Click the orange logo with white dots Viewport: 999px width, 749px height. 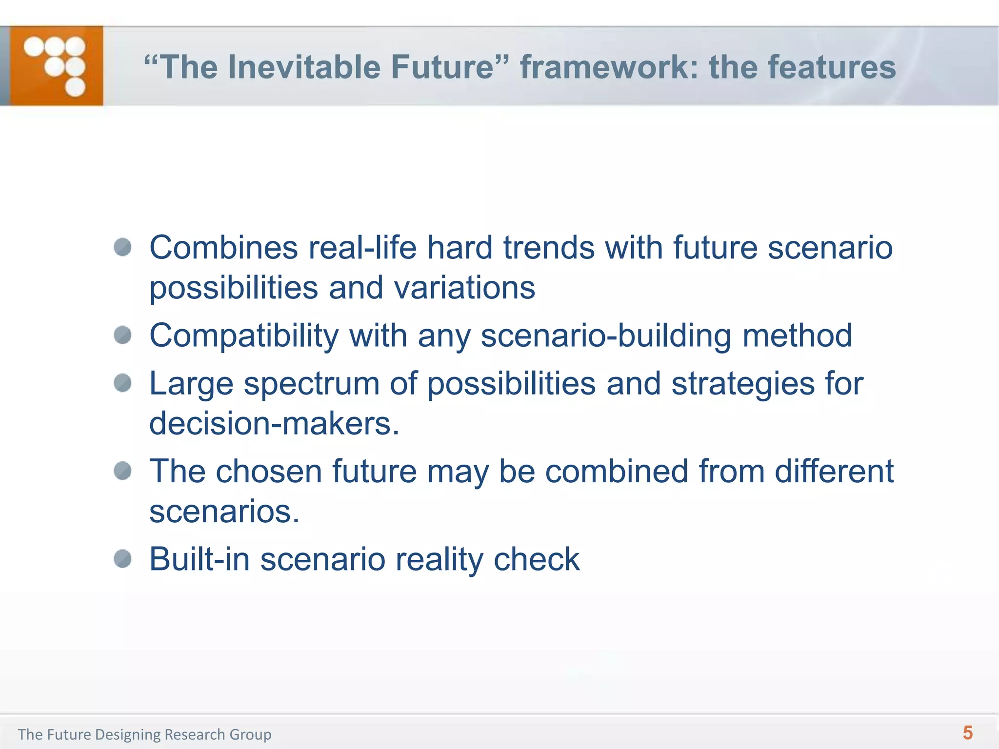point(56,66)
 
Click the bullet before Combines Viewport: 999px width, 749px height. point(122,247)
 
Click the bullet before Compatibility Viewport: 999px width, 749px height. point(122,335)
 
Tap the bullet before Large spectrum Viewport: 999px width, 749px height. point(122,383)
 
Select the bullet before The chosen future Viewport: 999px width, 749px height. point(122,471)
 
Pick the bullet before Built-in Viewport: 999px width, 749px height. point(122,559)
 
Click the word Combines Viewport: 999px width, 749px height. point(223,248)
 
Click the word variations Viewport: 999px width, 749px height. point(464,288)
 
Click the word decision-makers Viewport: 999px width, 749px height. point(274,423)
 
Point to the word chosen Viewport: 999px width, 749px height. point(269,472)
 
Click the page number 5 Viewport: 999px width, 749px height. point(967,733)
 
